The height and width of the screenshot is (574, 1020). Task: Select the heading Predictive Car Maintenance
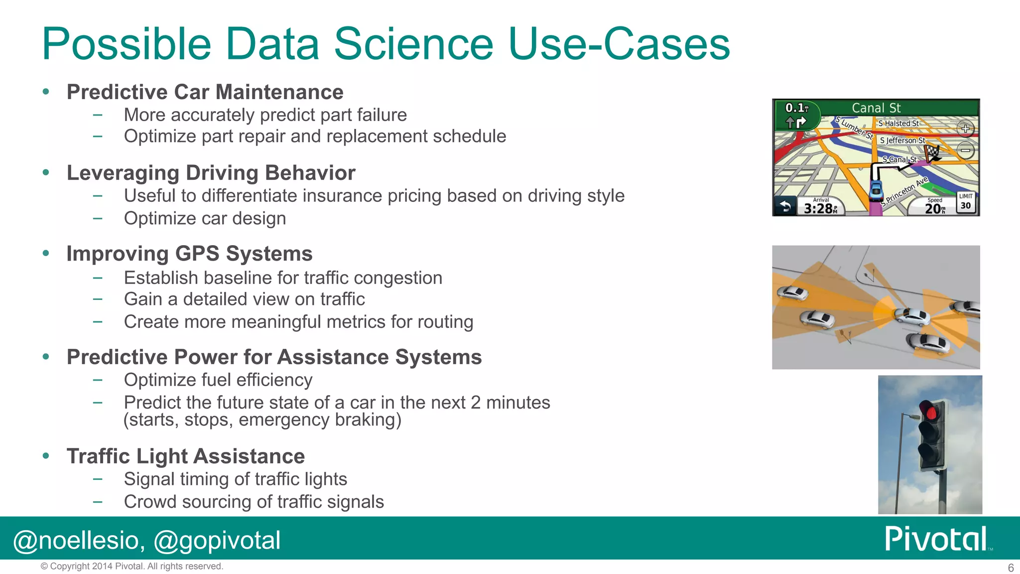205,92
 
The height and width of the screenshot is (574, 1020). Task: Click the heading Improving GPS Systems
189,254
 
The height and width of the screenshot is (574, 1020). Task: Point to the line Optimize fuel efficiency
218,380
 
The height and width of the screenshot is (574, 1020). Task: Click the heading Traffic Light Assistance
185,456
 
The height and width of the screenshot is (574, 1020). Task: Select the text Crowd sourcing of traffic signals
254,502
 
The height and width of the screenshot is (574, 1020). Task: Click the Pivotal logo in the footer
936,539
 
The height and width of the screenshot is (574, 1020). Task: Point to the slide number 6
1011,568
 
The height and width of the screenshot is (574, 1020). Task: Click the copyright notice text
131,567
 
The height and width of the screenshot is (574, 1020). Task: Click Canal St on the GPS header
876,108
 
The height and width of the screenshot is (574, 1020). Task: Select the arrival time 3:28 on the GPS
818,208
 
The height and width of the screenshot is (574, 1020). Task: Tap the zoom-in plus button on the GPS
965,129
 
